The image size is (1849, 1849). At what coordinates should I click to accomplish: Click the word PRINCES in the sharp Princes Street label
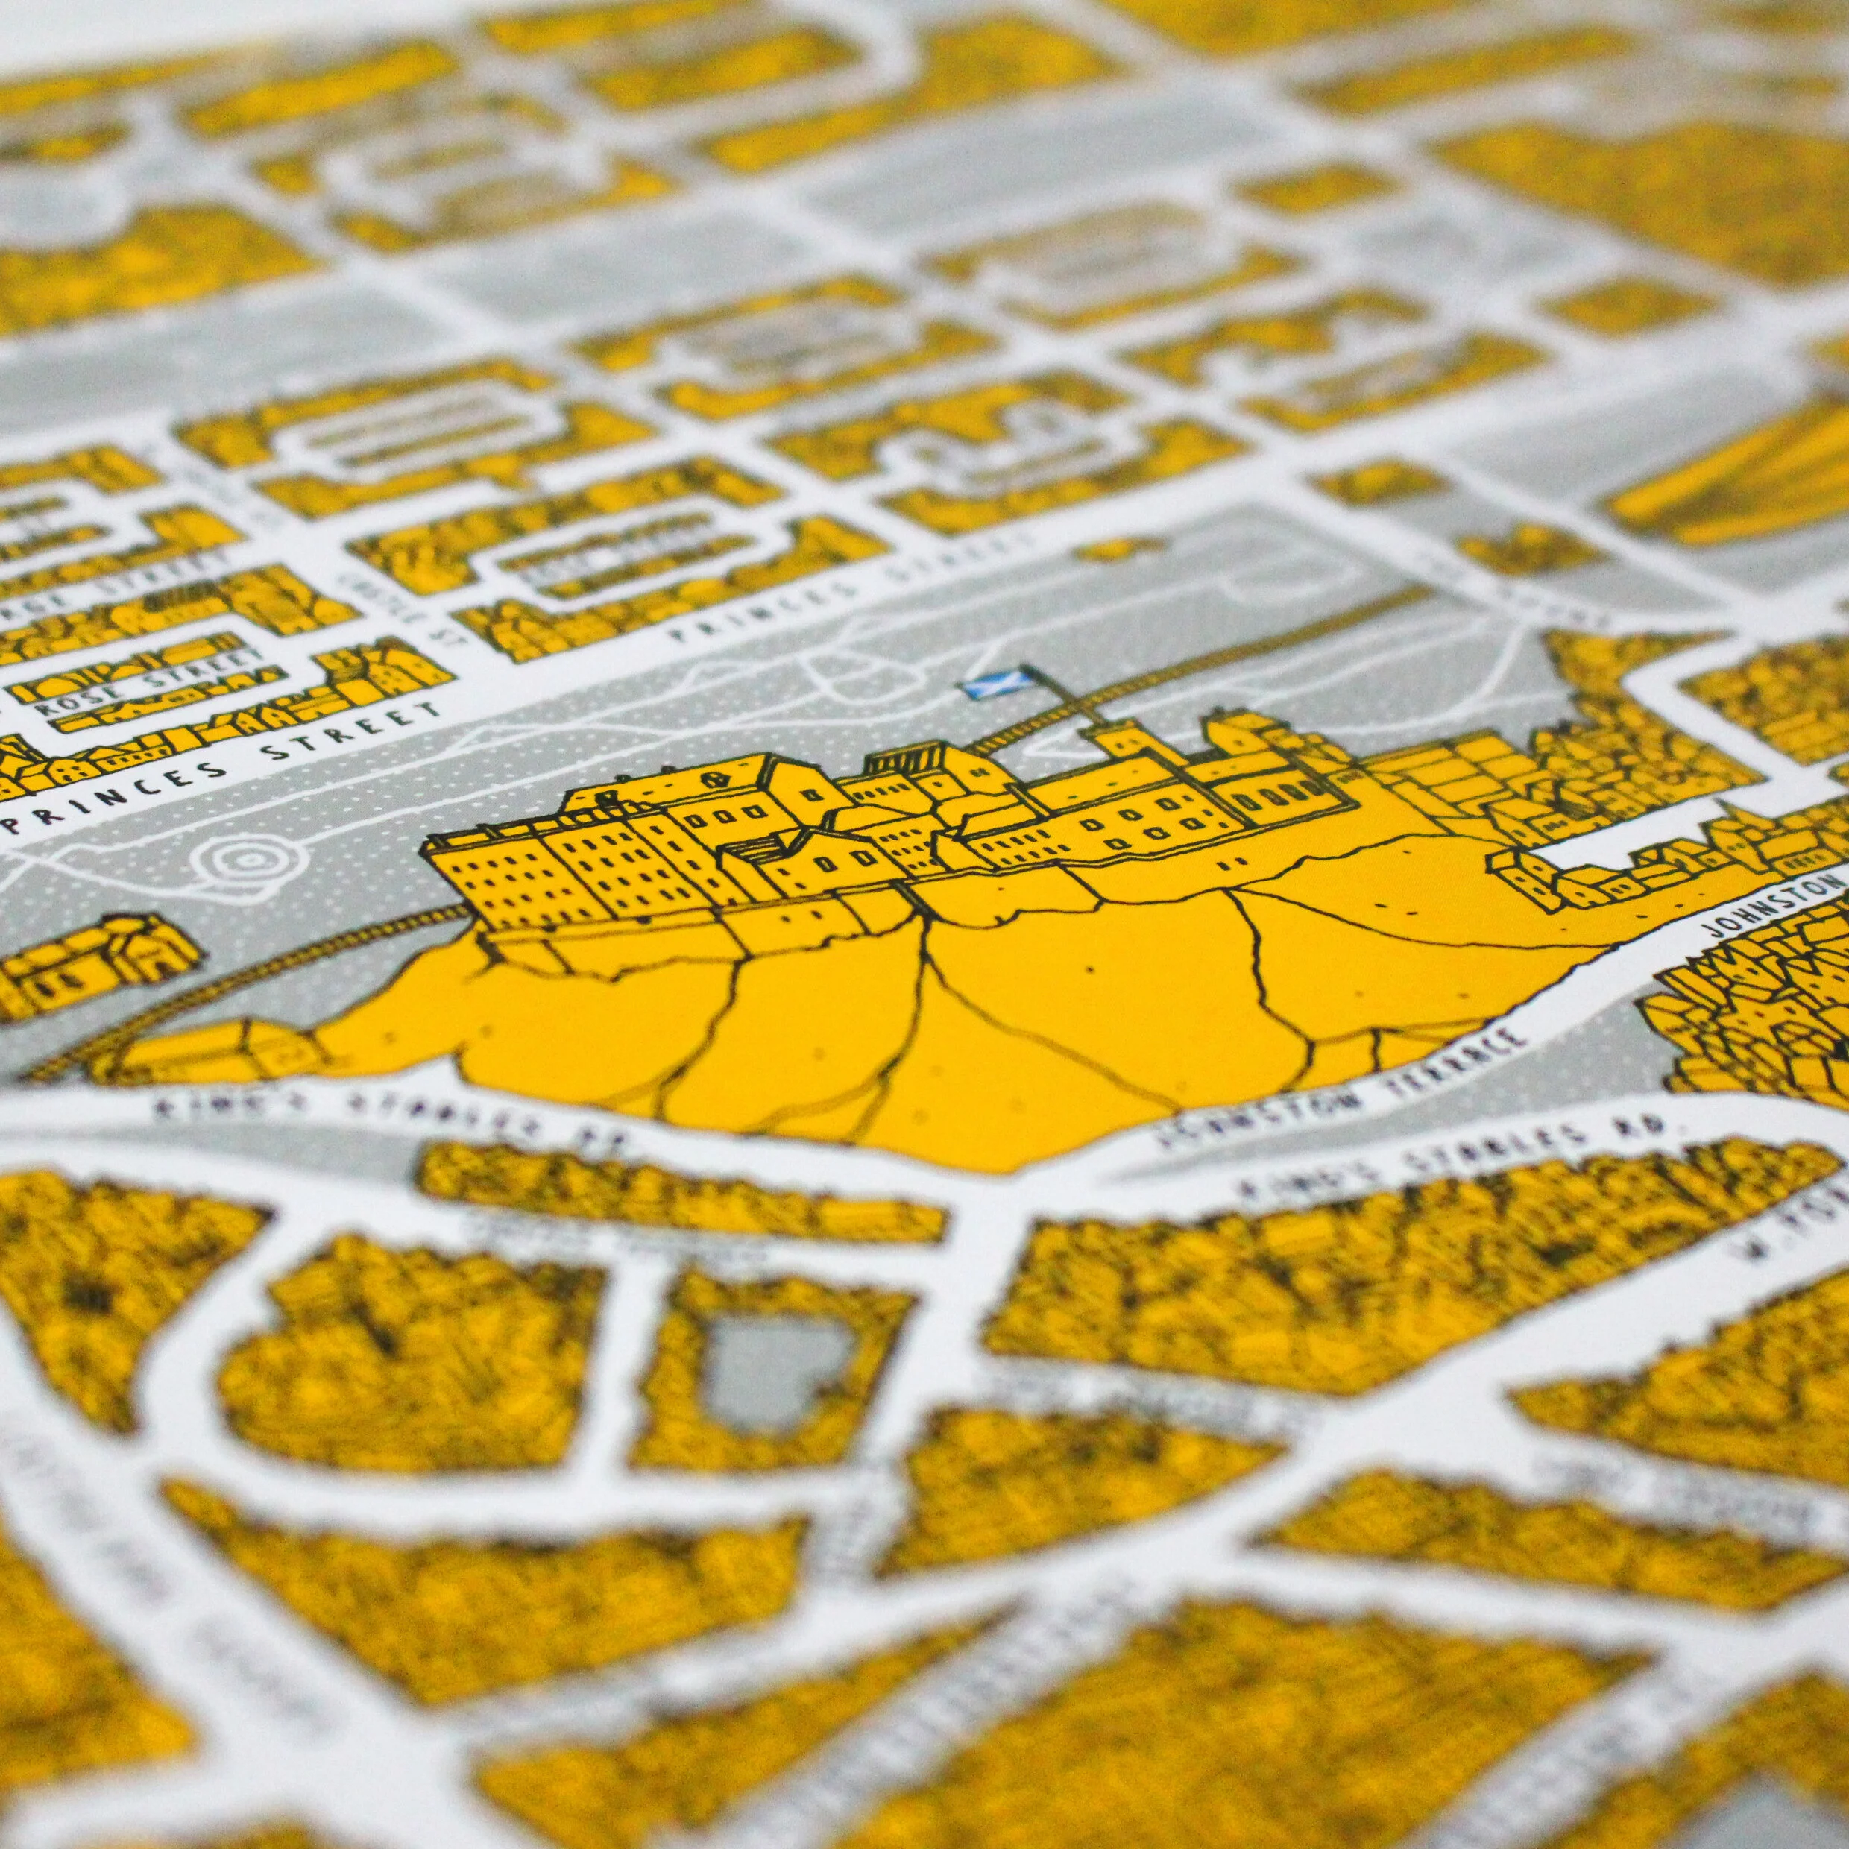pos(115,793)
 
